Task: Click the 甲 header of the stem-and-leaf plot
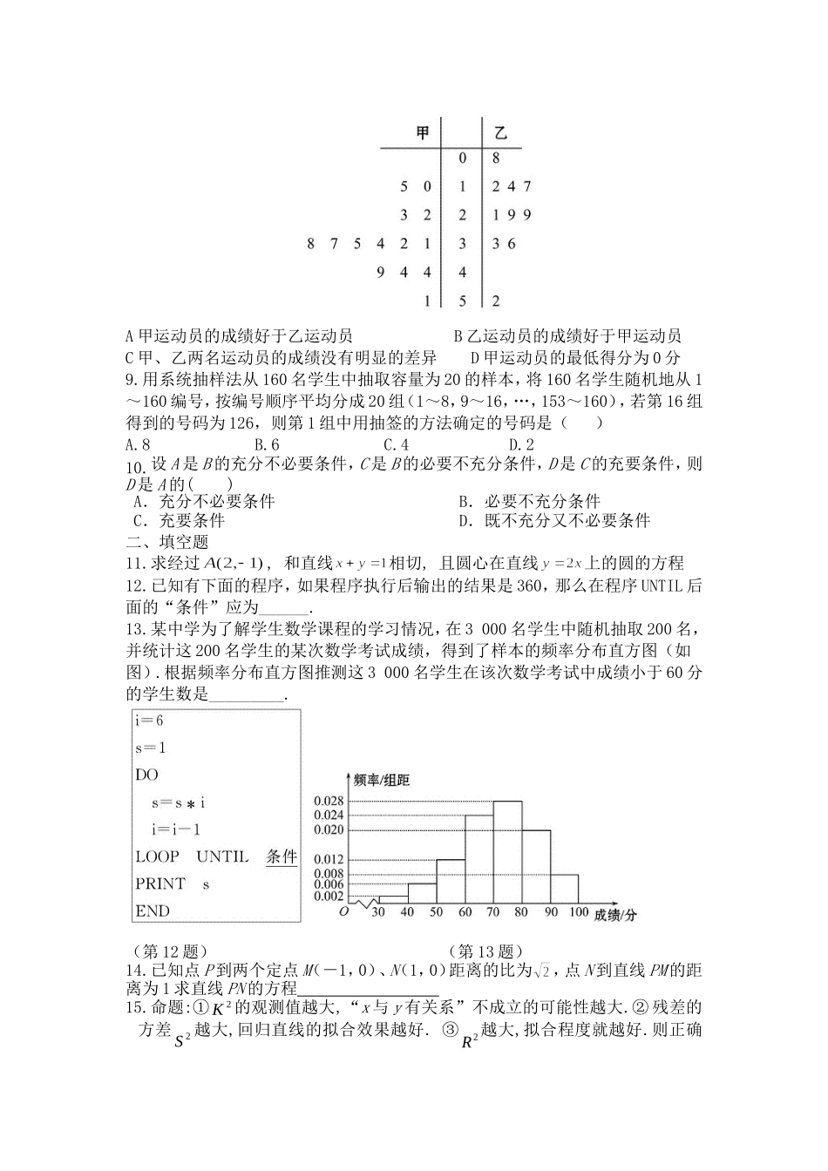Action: pyautogui.click(x=423, y=133)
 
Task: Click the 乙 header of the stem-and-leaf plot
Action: pyautogui.click(x=500, y=133)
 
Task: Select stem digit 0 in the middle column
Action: pyautogui.click(x=463, y=159)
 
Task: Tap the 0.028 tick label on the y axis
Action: pyautogui.click(x=329, y=801)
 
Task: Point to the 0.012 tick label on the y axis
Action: pyautogui.click(x=329, y=859)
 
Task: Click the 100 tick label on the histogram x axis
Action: pyautogui.click(x=578, y=912)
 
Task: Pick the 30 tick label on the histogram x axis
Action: pyautogui.click(x=378, y=912)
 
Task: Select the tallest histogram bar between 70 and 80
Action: pyautogui.click(x=508, y=854)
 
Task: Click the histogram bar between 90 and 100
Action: pyautogui.click(x=565, y=889)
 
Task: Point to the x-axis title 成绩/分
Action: pyautogui.click(x=615, y=914)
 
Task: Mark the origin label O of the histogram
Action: pyautogui.click(x=343, y=910)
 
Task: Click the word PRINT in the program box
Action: pyautogui.click(x=160, y=883)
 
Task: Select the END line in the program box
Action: pyautogui.click(x=153, y=910)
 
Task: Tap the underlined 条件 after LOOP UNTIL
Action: pyautogui.click(x=282, y=856)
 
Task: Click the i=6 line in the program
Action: pyautogui.click(x=149, y=721)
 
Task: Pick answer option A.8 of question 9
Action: pyautogui.click(x=139, y=444)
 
